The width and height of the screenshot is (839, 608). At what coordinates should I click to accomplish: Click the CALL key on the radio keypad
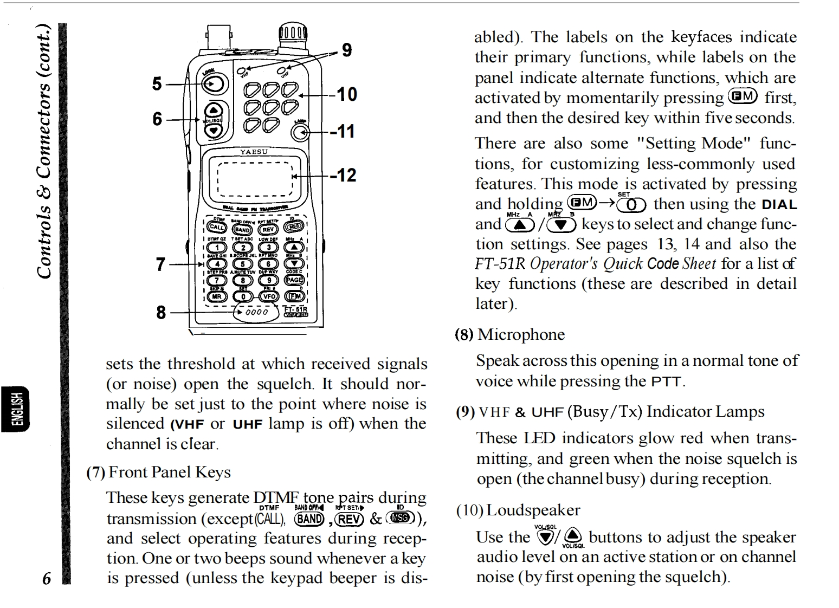click(x=216, y=228)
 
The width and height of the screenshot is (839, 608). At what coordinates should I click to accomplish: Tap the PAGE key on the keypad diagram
click(x=294, y=280)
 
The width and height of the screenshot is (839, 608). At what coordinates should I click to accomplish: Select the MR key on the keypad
click(x=216, y=296)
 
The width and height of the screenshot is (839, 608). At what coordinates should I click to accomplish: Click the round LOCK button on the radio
click(x=214, y=84)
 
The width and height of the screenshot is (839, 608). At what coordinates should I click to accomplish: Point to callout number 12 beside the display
click(x=345, y=175)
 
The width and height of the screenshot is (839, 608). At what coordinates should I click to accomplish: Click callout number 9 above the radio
click(x=347, y=50)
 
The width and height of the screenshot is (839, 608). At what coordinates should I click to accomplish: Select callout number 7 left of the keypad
click(x=160, y=264)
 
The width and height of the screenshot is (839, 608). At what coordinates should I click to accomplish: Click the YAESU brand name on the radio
click(x=254, y=152)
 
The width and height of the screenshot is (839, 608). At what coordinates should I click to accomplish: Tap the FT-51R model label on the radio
click(x=296, y=309)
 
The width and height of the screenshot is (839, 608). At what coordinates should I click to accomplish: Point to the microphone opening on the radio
click(x=256, y=312)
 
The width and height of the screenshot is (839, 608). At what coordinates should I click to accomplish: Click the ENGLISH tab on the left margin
click(x=16, y=409)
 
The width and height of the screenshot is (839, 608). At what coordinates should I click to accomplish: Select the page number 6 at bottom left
click(x=47, y=578)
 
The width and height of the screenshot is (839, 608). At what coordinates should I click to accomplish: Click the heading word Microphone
click(x=521, y=334)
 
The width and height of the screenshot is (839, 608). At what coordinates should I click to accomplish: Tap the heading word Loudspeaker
click(x=533, y=510)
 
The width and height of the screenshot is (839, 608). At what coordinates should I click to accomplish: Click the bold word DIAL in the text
click(x=779, y=205)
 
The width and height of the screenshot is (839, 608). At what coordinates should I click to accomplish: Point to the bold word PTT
click(x=666, y=381)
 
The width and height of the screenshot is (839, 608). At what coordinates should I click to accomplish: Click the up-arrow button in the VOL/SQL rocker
click(x=215, y=108)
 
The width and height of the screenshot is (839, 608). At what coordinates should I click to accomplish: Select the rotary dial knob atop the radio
click(x=293, y=35)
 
